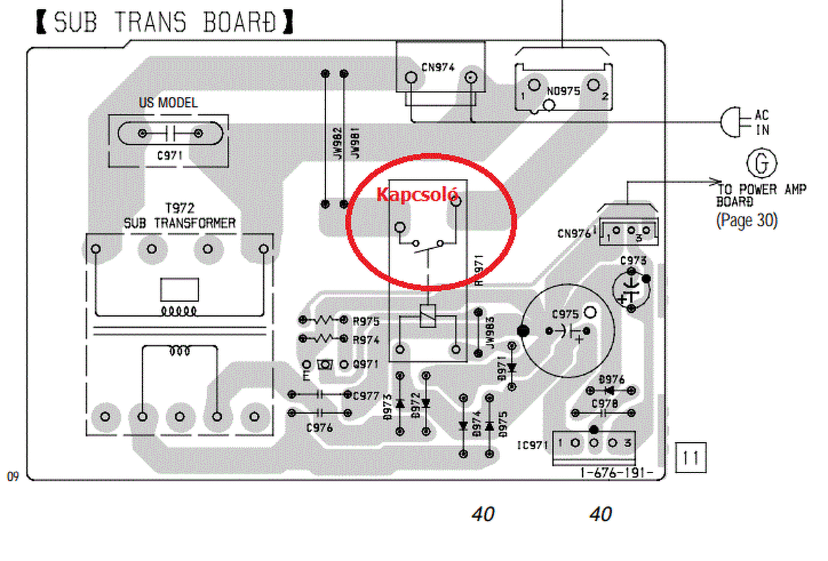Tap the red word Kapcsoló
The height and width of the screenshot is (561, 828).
pyautogui.click(x=417, y=194)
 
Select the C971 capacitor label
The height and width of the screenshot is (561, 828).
pyautogui.click(x=169, y=155)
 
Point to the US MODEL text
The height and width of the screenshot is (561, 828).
pyautogui.click(x=168, y=103)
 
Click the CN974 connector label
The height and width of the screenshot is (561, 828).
pyautogui.click(x=437, y=67)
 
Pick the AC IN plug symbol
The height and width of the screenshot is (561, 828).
pyautogui.click(x=730, y=122)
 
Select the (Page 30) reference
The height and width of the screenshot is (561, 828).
pyautogui.click(x=746, y=220)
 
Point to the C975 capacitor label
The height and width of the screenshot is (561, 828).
pyautogui.click(x=565, y=314)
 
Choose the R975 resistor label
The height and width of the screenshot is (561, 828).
pyautogui.click(x=366, y=321)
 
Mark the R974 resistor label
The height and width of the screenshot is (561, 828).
pyautogui.click(x=366, y=339)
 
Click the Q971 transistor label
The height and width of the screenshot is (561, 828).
pyautogui.click(x=366, y=365)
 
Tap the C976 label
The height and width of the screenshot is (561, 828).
pyautogui.click(x=320, y=427)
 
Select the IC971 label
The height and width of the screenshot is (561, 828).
pyautogui.click(x=533, y=445)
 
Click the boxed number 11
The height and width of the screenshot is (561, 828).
pyautogui.click(x=690, y=458)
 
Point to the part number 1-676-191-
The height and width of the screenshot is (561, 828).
pyautogui.click(x=617, y=473)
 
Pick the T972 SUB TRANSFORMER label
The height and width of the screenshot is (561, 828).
pyautogui.click(x=179, y=216)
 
